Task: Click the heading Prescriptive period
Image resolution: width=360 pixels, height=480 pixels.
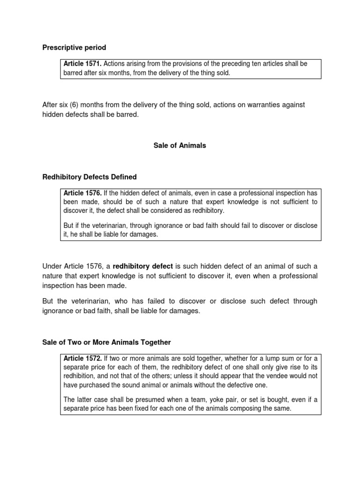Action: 74,47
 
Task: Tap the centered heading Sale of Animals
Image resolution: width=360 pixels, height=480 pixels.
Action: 180,146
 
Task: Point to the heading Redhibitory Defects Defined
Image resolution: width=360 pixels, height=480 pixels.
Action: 90,177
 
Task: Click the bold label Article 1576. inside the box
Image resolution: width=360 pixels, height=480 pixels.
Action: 82,193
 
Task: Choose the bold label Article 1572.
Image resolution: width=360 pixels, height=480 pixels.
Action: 82,359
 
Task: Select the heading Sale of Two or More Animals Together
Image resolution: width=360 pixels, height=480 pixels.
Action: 107,343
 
